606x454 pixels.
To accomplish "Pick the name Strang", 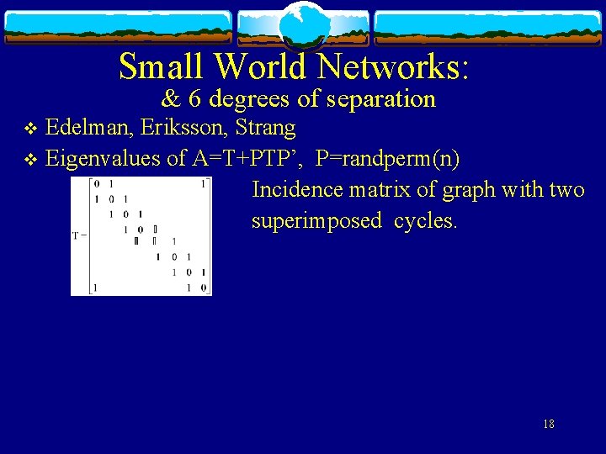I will click(x=267, y=129).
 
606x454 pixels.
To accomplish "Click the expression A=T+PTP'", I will click(x=247, y=159).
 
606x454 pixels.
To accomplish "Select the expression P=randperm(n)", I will click(x=387, y=159).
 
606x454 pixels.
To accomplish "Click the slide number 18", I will click(x=549, y=424).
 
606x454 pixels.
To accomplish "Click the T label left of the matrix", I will click(x=78, y=235).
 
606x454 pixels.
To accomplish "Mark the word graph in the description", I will click(x=471, y=190).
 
